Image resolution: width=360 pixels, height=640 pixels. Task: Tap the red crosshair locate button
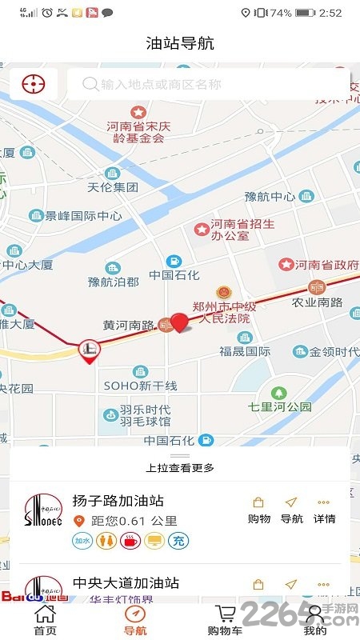(x=34, y=83)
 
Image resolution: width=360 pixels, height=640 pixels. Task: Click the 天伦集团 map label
(x=112, y=187)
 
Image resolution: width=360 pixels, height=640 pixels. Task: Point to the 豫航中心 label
(x=270, y=196)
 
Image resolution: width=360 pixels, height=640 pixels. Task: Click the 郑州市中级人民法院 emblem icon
(x=224, y=293)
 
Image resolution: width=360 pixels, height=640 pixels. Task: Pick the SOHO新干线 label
(x=139, y=386)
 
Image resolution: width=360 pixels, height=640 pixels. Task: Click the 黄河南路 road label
(x=128, y=325)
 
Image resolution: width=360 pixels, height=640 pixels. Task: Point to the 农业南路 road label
(x=317, y=302)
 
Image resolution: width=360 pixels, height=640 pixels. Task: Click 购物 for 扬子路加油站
(x=258, y=510)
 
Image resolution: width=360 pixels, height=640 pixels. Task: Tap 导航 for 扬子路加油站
(x=291, y=510)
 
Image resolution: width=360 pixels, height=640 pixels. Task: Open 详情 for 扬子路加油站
(x=324, y=510)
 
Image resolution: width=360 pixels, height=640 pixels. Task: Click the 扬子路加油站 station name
(x=118, y=501)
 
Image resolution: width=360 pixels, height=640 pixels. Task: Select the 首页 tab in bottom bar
(x=46, y=619)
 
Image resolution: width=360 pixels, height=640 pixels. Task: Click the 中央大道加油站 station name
(x=126, y=583)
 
